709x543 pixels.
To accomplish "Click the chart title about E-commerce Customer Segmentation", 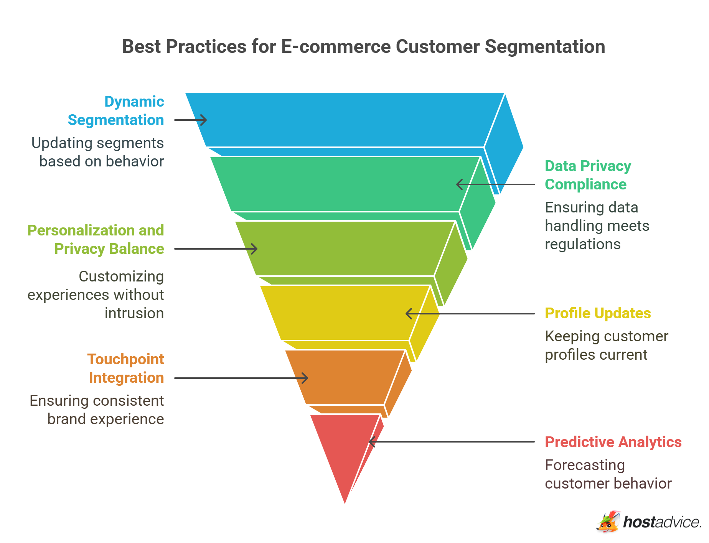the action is tap(363, 47).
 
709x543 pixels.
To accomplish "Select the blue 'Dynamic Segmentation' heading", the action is tap(116, 111).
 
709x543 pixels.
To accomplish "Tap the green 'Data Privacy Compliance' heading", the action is tap(588, 175).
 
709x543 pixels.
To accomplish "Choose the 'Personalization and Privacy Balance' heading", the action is tap(96, 240).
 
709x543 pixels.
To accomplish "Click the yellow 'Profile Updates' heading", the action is tap(598, 313).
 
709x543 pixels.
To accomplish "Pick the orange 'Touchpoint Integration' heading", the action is tap(126, 369).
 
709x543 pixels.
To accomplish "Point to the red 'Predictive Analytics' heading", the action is tap(613, 442).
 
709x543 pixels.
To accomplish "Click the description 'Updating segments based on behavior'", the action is tap(98, 152).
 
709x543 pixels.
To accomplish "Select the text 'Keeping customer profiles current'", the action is tap(607, 346).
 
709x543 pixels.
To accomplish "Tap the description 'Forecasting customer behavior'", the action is tap(608, 474).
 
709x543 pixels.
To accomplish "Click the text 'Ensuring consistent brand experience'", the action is tap(97, 410).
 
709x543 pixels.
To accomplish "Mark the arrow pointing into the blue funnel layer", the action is tap(191, 120).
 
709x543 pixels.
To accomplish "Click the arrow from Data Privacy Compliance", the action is tap(495, 184).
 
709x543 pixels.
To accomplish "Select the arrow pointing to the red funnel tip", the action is tap(452, 442).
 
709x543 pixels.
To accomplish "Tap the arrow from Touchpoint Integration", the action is tap(241, 378).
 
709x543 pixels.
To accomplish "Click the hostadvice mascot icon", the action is tap(608, 522).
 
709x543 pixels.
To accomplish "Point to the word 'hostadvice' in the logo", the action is tap(662, 522).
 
